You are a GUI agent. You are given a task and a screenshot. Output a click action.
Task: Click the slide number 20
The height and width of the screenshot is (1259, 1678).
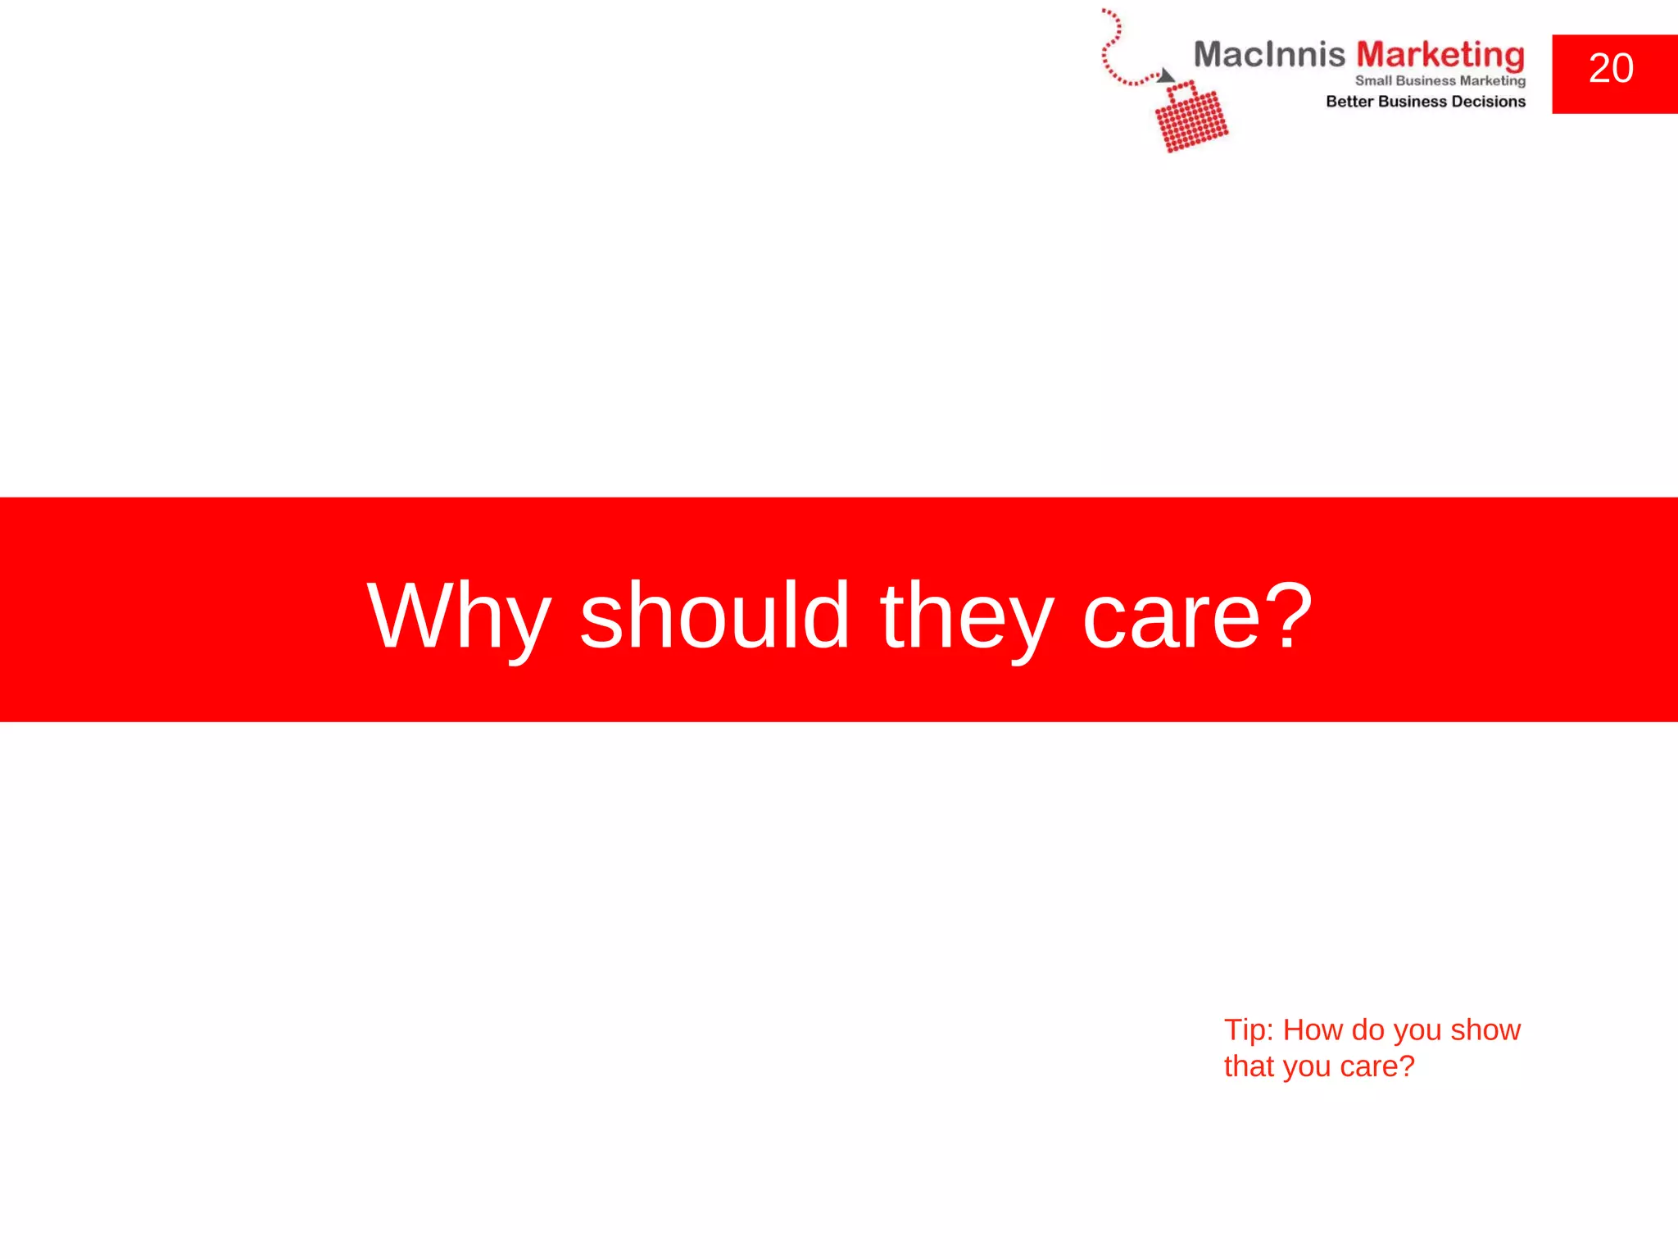[x=1610, y=68]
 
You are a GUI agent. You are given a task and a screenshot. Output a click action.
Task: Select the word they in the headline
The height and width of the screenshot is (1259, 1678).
[x=966, y=616]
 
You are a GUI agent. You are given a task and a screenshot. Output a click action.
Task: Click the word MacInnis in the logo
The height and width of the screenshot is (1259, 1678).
[x=1268, y=55]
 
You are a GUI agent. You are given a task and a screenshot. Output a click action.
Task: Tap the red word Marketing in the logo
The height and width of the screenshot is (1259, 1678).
[x=1440, y=56]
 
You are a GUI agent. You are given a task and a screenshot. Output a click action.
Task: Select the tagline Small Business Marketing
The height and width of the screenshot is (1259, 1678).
[x=1440, y=80]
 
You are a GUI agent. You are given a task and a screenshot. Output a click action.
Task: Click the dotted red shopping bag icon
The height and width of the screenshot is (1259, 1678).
[x=1190, y=119]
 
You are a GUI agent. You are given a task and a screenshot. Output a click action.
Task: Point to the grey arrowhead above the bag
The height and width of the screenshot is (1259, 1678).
[x=1165, y=76]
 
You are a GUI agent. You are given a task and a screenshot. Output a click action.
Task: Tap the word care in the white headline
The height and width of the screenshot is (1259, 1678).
[x=1172, y=616]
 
